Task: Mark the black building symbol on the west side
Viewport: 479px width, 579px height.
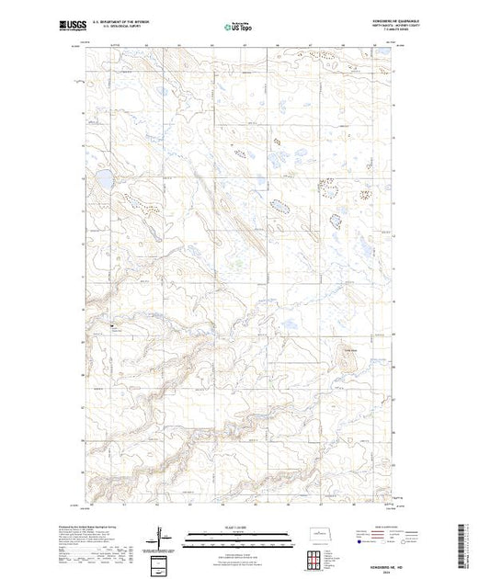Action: pyautogui.click(x=112, y=324)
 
